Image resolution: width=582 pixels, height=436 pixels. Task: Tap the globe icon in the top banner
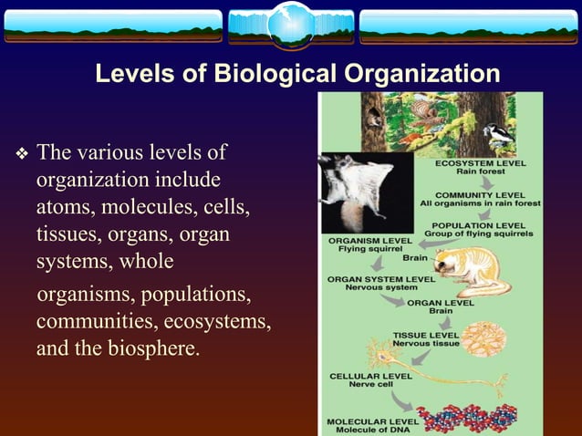click(x=290, y=25)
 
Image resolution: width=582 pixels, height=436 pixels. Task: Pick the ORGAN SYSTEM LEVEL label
click(x=380, y=278)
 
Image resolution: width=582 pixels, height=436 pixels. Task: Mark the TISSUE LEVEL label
click(x=425, y=335)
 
